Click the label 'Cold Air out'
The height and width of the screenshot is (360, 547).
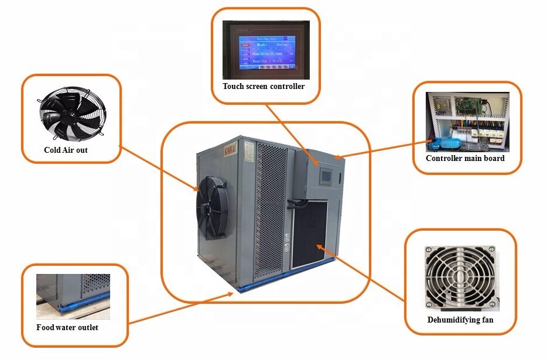[x=66, y=150]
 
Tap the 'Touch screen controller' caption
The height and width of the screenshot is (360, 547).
[x=264, y=87]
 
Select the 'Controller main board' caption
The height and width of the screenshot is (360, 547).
[x=465, y=159]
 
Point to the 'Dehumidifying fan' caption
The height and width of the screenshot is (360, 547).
[x=460, y=320]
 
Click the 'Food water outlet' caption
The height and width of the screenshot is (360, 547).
[x=67, y=328]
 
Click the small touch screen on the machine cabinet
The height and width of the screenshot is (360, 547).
[x=325, y=174]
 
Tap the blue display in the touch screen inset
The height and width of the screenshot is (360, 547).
[x=265, y=52]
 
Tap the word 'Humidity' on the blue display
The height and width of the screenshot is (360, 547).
[x=262, y=53]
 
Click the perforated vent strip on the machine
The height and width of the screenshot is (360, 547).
[x=271, y=211]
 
